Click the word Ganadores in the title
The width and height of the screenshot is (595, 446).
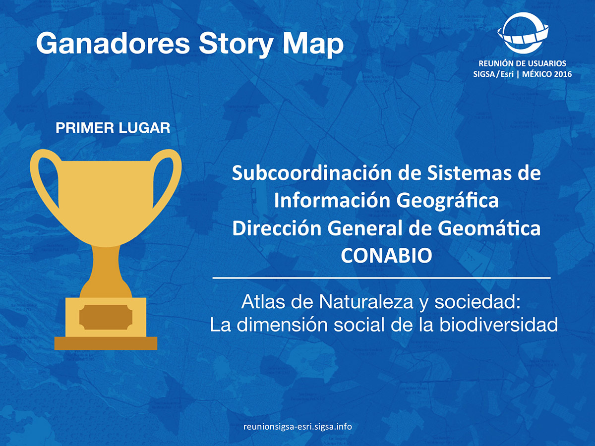click(113, 43)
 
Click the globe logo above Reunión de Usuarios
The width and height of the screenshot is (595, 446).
click(523, 33)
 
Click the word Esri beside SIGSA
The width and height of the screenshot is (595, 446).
click(507, 74)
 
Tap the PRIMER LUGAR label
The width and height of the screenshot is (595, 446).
click(113, 128)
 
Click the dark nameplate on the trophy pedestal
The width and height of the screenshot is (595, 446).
click(106, 317)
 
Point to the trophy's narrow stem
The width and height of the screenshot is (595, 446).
click(106, 267)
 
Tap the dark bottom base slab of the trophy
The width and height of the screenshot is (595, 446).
click(106, 343)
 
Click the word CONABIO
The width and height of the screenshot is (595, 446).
click(387, 255)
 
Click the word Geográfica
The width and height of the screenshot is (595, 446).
click(448, 201)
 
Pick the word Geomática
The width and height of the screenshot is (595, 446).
click(489, 228)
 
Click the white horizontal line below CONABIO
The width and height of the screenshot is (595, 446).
click(381, 278)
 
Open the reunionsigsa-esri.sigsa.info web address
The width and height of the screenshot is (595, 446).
click(297, 427)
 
